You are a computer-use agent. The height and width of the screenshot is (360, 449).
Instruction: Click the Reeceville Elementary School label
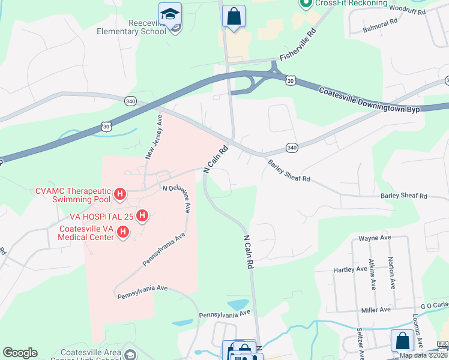click(x=131, y=27)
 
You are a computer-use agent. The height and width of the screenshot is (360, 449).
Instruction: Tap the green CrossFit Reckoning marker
click(x=305, y=4)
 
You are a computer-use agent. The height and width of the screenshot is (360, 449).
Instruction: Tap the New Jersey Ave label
click(x=154, y=137)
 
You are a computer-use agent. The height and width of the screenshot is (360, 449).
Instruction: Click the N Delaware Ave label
click(x=179, y=197)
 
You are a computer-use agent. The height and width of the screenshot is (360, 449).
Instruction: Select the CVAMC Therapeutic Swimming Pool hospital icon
click(x=120, y=194)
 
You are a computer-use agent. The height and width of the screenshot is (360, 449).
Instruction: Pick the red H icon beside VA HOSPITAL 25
click(x=142, y=215)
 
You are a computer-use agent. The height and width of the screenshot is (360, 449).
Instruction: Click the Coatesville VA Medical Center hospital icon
click(x=123, y=232)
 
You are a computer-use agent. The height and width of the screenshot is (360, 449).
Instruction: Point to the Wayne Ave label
click(x=374, y=238)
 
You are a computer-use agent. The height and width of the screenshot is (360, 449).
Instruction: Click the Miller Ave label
click(x=375, y=309)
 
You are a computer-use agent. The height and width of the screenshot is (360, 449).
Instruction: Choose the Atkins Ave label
click(x=373, y=274)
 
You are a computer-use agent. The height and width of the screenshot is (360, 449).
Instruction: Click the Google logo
click(x=20, y=353)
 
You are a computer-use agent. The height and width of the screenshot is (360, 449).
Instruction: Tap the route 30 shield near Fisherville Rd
click(x=291, y=80)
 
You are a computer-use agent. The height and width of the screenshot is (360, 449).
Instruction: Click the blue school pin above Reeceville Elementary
click(x=170, y=14)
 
